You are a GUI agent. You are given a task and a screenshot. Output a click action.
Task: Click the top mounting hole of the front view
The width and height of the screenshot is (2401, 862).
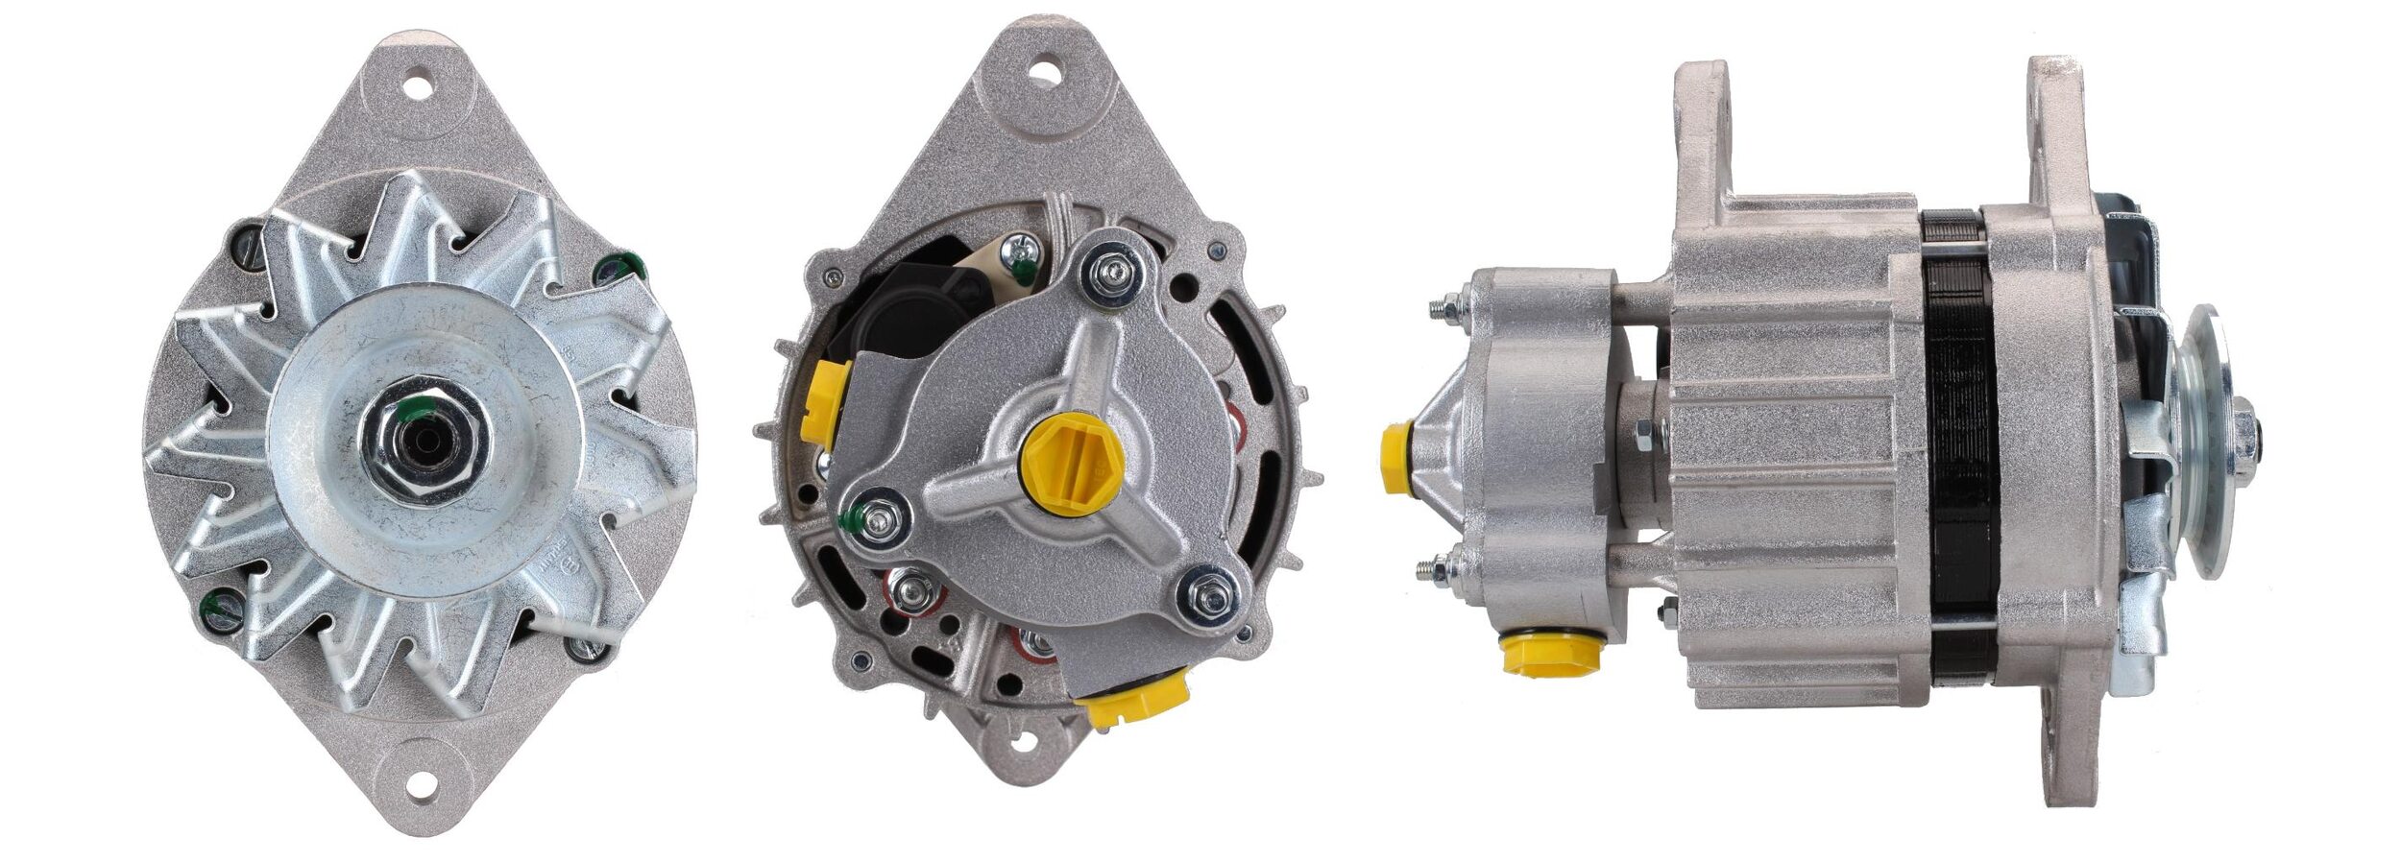419,84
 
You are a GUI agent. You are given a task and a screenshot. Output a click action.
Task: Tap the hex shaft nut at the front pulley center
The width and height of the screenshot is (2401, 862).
424,448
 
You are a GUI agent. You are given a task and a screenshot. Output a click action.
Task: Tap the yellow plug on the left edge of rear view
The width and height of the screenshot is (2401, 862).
823,404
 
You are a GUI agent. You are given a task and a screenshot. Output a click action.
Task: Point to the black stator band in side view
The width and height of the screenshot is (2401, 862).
1959,461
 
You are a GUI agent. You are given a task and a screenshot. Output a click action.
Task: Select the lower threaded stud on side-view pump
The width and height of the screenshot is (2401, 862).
1437,570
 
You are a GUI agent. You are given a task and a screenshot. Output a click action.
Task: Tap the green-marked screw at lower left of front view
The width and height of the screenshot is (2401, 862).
220,610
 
